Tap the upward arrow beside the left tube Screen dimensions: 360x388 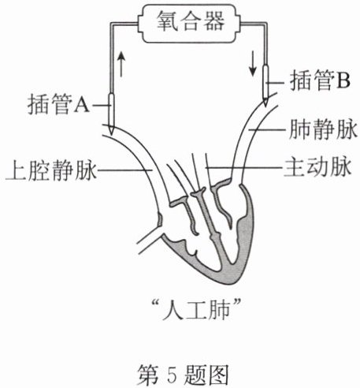click(121, 64)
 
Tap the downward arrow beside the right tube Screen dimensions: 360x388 click(253, 63)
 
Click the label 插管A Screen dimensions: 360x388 click(58, 104)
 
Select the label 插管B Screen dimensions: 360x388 click(321, 80)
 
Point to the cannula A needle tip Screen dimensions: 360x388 click(112, 135)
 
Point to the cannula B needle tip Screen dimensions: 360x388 click(265, 106)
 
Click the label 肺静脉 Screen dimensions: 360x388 click(323, 129)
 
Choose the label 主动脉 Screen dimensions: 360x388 click(317, 167)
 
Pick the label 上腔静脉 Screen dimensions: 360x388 click(51, 171)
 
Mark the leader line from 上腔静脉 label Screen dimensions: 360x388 click(124, 170)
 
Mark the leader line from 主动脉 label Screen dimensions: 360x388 click(244, 167)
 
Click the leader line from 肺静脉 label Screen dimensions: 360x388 click(267, 129)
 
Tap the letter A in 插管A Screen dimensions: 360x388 click(82, 105)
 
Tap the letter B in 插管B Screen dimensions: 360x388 click(343, 80)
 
